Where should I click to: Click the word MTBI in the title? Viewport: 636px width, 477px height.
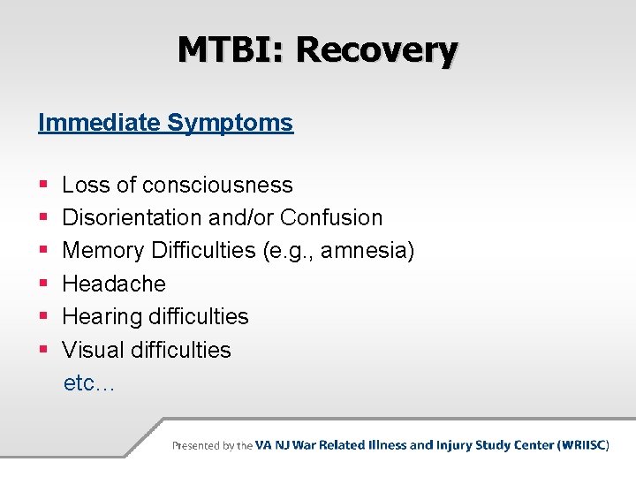coord(231,49)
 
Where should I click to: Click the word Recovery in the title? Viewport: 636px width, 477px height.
coord(377,49)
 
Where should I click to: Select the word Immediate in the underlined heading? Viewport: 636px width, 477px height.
coord(99,123)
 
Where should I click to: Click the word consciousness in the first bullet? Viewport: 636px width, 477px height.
coord(217,185)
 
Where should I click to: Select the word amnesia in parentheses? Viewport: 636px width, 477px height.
coord(366,251)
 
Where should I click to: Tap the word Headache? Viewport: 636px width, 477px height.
coord(114,284)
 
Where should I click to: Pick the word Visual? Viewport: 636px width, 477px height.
coord(94,350)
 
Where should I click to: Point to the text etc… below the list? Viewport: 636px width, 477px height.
coord(88,383)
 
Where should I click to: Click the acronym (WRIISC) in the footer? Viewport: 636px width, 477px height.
coord(583,445)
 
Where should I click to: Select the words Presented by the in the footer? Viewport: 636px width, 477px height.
coord(212,446)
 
